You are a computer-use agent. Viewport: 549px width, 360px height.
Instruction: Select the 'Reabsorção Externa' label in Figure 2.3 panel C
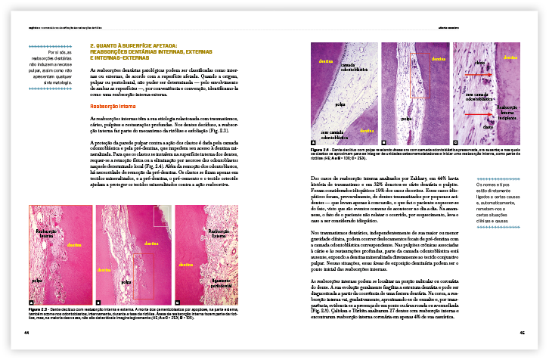(219, 234)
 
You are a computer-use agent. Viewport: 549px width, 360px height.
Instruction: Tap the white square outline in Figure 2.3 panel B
(162, 216)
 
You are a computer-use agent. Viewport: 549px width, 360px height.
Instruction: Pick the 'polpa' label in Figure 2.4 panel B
(405, 118)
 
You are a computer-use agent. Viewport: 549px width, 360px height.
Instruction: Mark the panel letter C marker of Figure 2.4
(455, 142)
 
